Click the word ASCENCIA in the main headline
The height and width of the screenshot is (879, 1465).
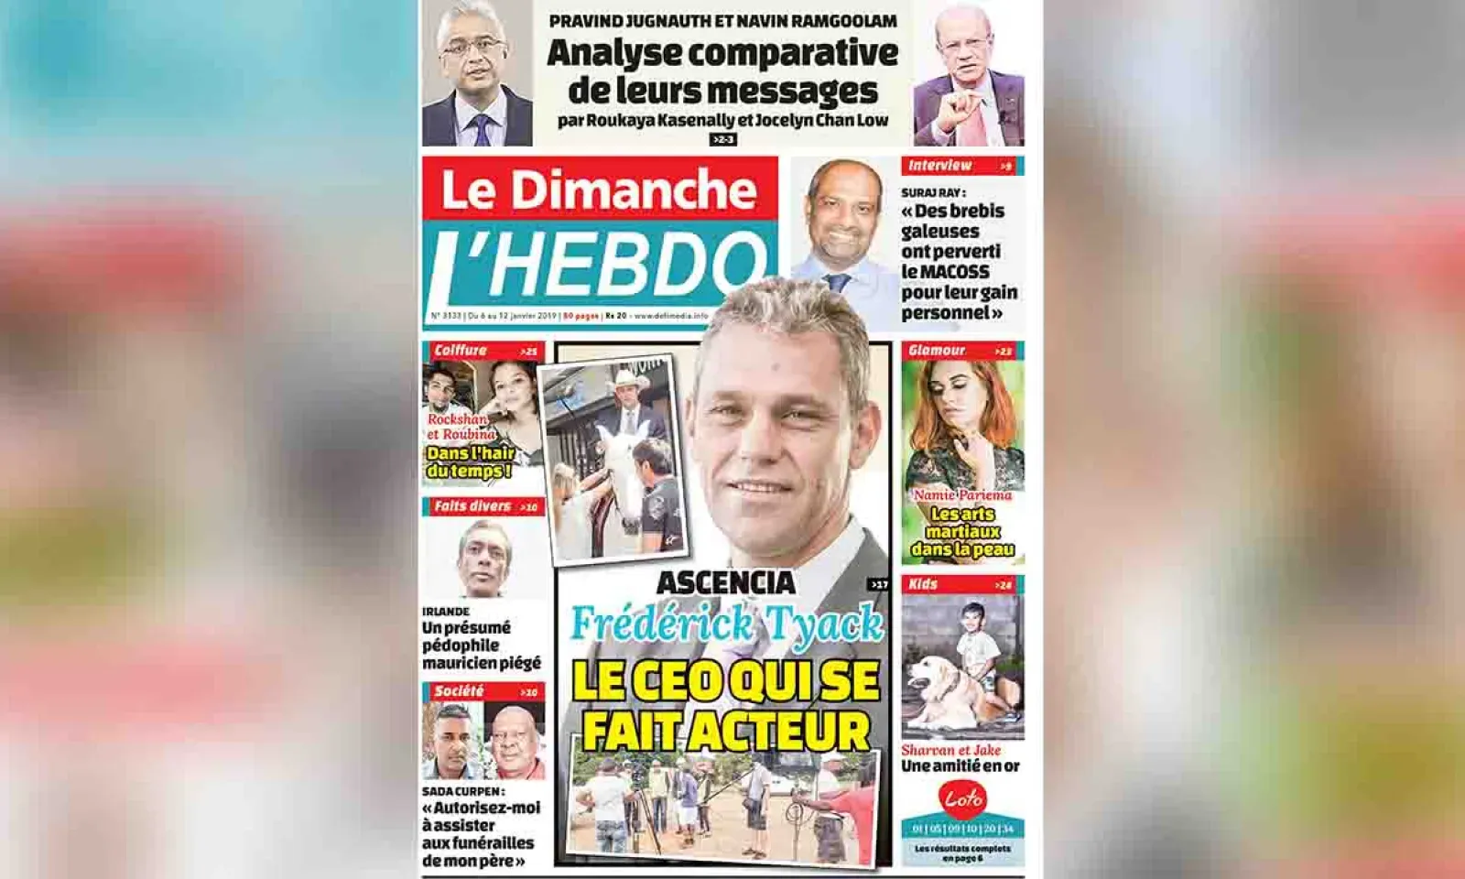726,582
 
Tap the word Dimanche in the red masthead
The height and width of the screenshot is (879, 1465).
633,190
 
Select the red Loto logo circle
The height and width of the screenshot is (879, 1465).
962,799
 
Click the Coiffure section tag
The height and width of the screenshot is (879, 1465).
461,351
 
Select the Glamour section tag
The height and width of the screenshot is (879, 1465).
937,351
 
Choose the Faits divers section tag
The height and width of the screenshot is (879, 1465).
472,506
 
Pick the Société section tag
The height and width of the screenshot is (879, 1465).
460,691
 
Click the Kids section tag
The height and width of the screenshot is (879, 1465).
923,584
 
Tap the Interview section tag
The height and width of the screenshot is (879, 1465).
940,166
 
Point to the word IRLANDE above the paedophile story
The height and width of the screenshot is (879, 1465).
446,612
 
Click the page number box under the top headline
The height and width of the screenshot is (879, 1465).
723,139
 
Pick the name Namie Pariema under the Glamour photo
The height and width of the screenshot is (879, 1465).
962,495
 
